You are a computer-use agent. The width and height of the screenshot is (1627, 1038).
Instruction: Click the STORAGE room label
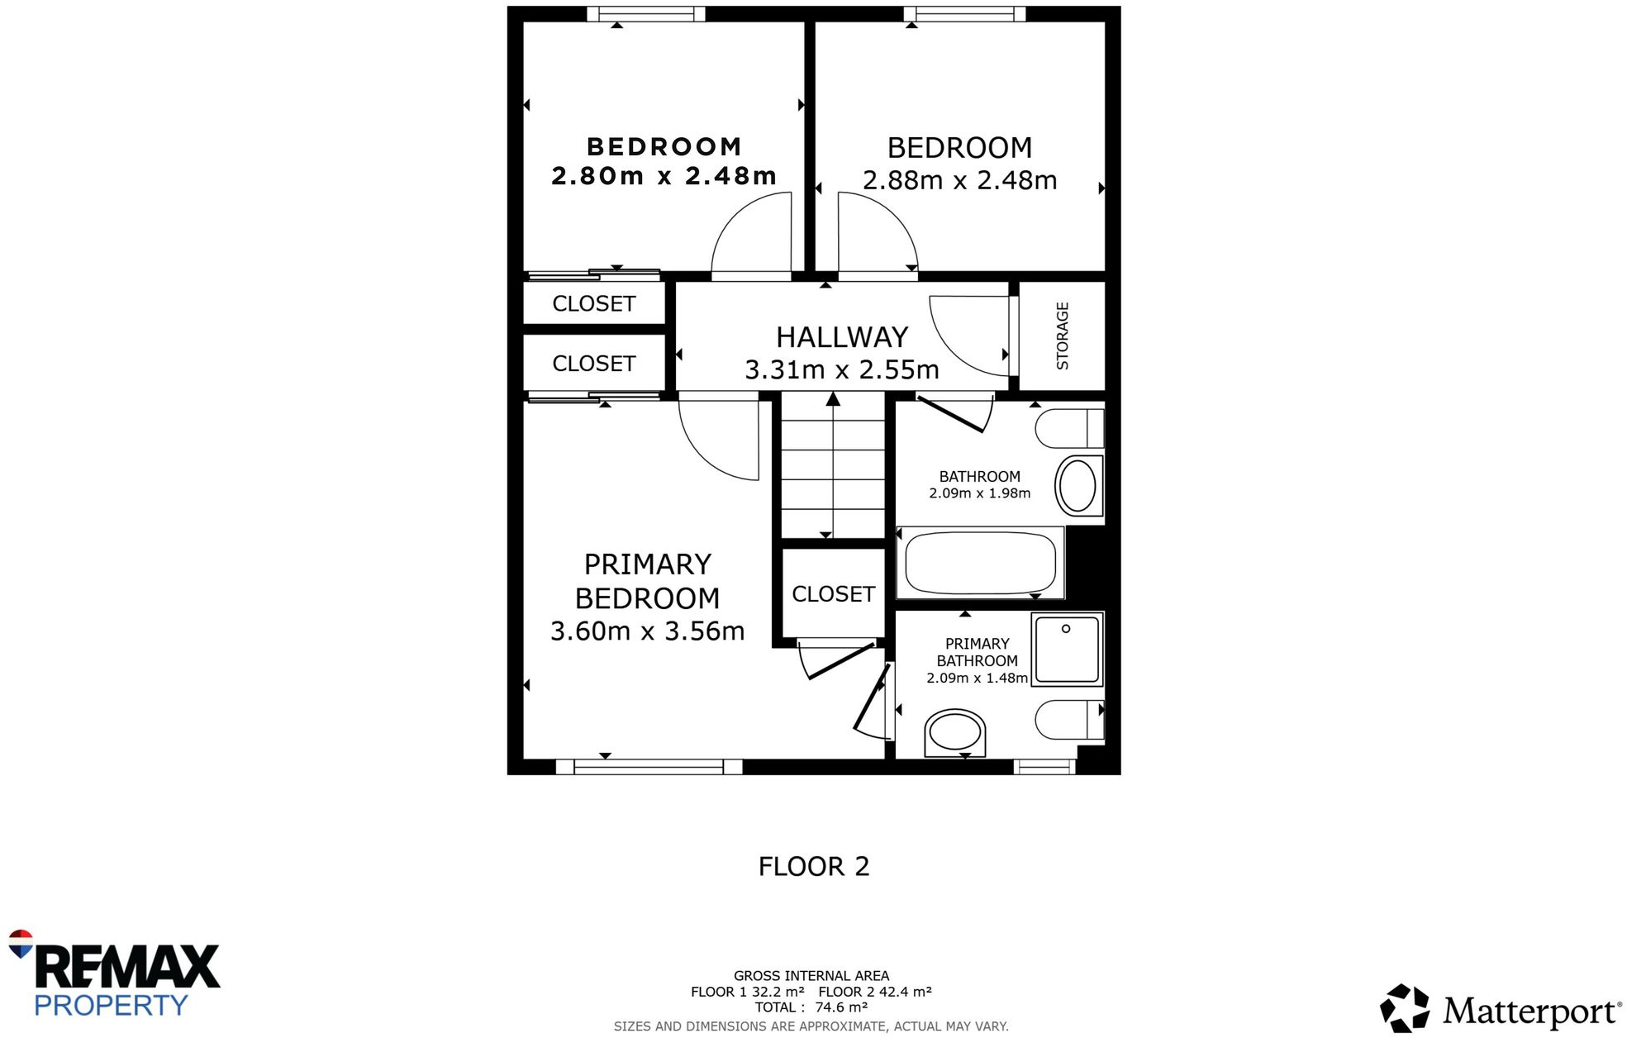[1062, 336]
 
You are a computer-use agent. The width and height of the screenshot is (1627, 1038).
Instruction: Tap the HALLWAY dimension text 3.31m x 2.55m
[841, 369]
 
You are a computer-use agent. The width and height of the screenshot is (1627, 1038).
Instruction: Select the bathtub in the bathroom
[980, 563]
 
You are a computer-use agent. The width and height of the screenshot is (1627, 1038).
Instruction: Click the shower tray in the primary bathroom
[1067, 650]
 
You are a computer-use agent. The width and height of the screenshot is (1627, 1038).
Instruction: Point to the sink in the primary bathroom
[954, 733]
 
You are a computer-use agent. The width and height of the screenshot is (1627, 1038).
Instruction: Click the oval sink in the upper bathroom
[1078, 486]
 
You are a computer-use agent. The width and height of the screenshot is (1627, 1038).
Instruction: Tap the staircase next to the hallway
[833, 467]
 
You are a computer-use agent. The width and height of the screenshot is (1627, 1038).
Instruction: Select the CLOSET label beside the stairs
[833, 594]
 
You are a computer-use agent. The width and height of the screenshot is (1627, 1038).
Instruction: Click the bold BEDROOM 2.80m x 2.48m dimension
[664, 176]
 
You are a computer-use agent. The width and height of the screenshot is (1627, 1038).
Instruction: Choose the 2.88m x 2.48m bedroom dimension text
[959, 180]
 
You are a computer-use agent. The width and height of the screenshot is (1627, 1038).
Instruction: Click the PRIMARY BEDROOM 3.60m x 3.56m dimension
[647, 631]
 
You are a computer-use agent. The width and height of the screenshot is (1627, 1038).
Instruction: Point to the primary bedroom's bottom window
[649, 767]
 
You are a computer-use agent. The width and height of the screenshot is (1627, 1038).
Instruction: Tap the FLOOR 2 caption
[813, 866]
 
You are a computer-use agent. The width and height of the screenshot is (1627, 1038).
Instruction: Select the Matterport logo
[1500, 1009]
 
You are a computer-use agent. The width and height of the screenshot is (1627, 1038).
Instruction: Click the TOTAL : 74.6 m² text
[811, 1007]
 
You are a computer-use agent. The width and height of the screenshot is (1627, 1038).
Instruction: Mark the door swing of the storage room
[968, 335]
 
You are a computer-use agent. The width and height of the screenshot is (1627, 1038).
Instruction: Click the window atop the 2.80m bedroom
[645, 14]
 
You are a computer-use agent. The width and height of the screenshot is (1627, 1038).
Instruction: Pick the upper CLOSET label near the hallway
[593, 304]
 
